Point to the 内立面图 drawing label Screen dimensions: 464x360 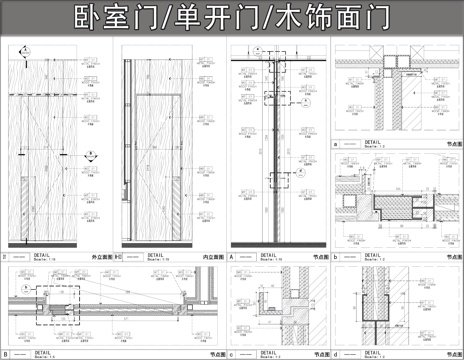pyautogui.click(x=212, y=257)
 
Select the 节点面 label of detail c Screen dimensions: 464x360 pyautogui.click(x=314, y=354)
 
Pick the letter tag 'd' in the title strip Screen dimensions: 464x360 pyautogui.click(x=336, y=353)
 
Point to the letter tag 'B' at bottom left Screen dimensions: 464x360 pyautogui.click(x=6, y=353)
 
